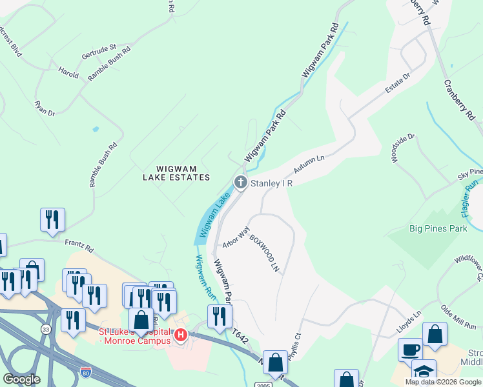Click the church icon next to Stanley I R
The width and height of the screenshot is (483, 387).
(241, 183)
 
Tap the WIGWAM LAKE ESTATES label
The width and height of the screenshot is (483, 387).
(176, 177)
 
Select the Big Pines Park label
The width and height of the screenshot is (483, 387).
(438, 228)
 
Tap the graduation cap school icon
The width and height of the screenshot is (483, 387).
(424, 372)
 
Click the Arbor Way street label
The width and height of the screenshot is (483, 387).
(236, 237)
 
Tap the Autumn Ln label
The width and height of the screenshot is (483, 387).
(309, 164)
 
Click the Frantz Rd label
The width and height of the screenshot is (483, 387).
(79, 246)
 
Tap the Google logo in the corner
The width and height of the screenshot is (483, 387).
(21, 379)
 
